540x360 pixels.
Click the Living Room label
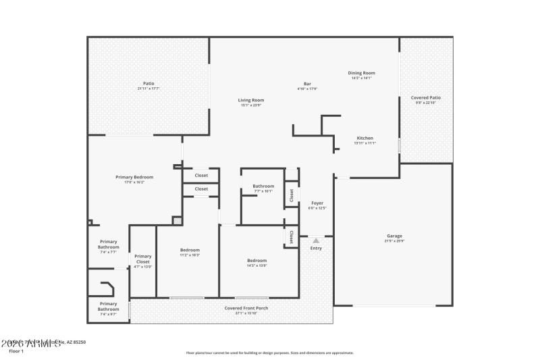click(x=250, y=100)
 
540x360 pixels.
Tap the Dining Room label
click(x=361, y=73)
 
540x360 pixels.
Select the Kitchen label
click(x=364, y=138)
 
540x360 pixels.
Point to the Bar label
click(x=307, y=84)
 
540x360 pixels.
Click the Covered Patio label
click(x=426, y=97)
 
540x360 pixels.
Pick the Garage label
click(x=394, y=236)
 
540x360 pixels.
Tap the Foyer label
click(x=317, y=203)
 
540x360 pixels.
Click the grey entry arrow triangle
click(x=316, y=240)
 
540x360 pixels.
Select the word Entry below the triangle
click(x=316, y=248)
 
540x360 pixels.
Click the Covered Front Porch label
click(x=246, y=308)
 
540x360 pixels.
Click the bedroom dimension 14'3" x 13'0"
click(x=256, y=265)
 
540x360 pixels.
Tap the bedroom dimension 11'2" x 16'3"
click(x=190, y=255)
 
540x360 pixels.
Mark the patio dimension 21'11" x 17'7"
click(x=148, y=88)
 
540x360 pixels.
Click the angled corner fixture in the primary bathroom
click(x=107, y=289)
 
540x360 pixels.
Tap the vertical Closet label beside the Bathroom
click(x=292, y=195)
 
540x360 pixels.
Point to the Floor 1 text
click(x=16, y=351)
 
